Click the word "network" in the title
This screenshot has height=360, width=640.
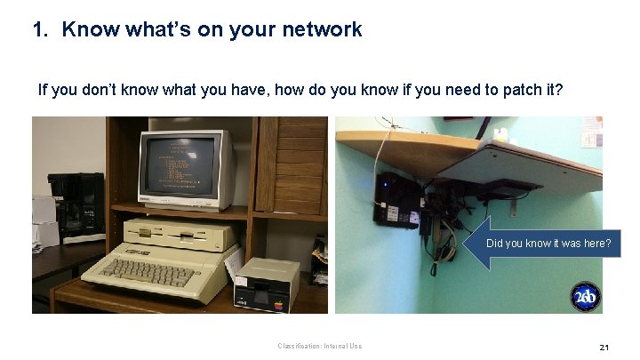coord(320,29)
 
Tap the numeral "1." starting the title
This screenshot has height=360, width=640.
coord(39,29)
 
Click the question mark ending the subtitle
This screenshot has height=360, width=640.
coord(559,90)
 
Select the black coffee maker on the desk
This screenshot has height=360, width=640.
coord(77,205)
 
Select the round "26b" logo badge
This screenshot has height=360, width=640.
coord(584,297)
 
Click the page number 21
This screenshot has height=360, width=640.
coord(604,347)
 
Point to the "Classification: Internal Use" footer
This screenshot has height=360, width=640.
coord(319,347)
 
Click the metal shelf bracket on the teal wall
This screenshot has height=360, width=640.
coord(514,205)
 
